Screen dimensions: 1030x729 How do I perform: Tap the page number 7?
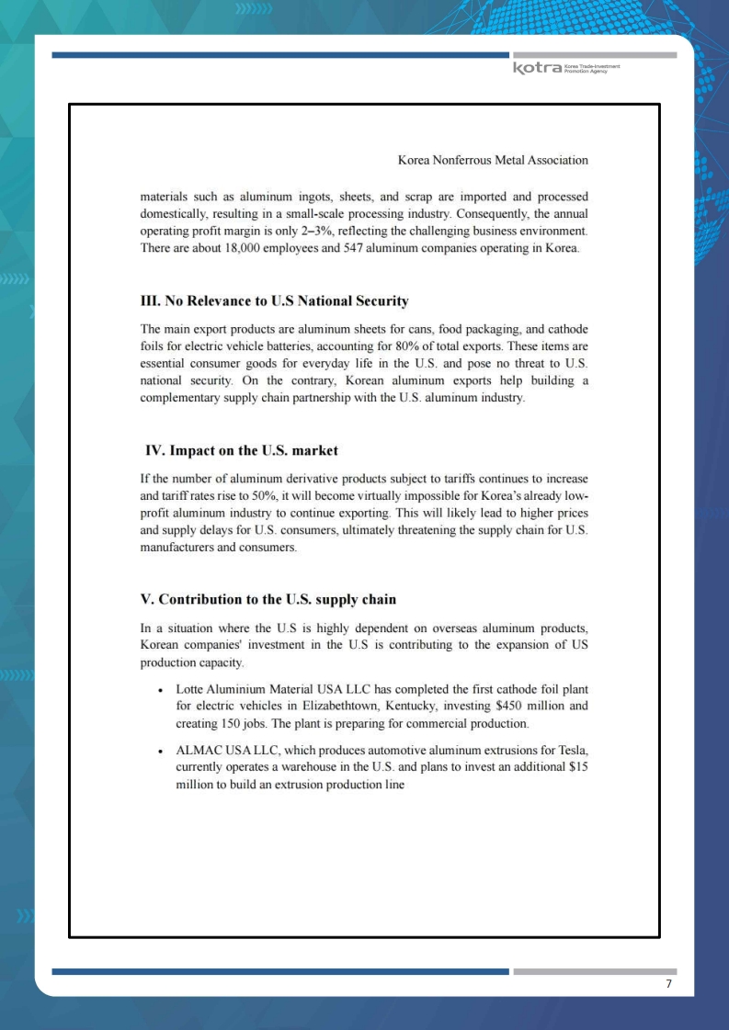[668, 984]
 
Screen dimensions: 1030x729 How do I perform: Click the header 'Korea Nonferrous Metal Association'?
[493, 160]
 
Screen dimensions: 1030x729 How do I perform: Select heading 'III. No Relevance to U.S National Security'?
[274, 301]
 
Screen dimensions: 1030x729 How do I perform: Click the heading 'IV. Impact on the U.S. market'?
[242, 450]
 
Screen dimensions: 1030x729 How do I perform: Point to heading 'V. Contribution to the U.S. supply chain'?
[268, 599]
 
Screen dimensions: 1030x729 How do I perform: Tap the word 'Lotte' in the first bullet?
[191, 688]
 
